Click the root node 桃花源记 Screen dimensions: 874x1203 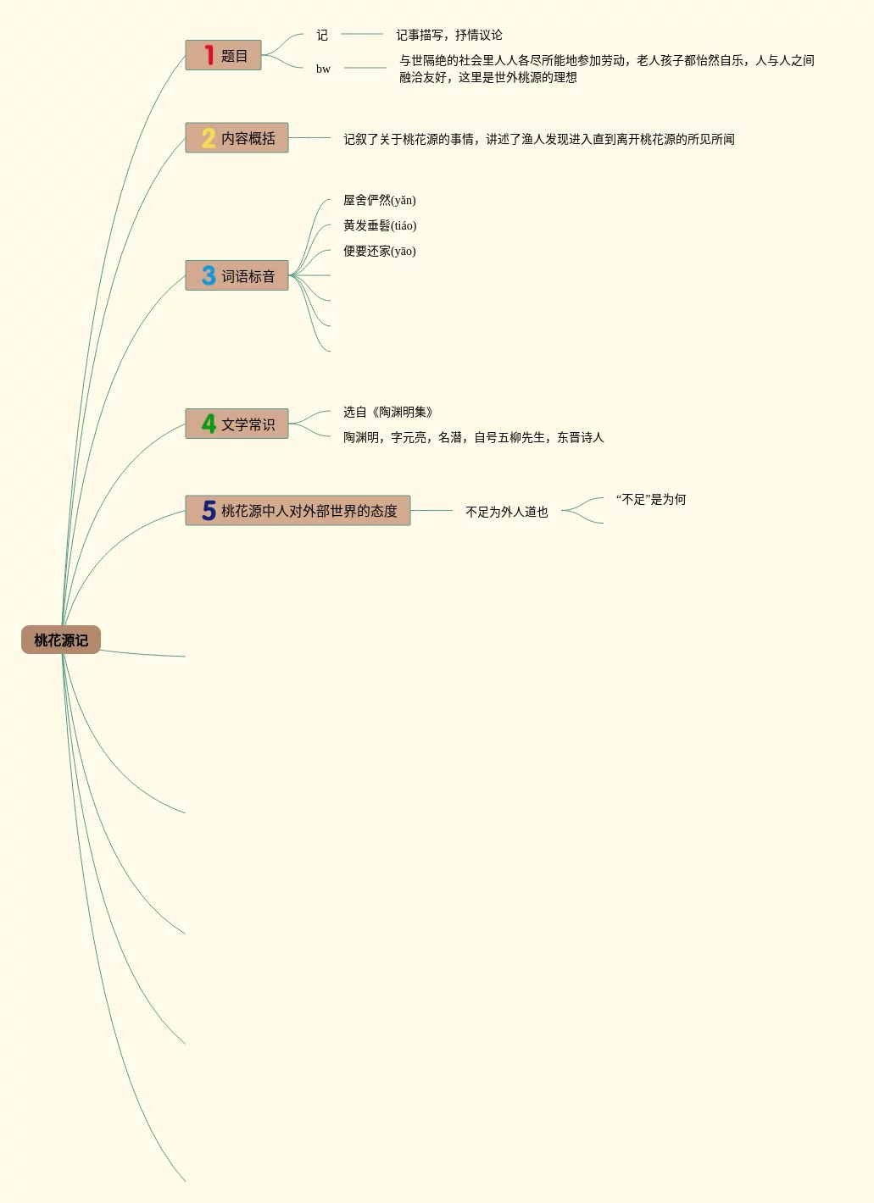61,640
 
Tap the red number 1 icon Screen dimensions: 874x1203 209,56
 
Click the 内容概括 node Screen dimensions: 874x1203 248,138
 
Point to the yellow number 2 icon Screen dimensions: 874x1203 209,138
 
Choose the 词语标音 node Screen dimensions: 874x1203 248,276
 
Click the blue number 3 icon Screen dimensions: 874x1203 209,275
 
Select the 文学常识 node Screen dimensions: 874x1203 248,424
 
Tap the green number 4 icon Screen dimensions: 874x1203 209,424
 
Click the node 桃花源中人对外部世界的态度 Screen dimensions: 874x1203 309,511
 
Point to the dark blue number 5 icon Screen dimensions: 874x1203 209,510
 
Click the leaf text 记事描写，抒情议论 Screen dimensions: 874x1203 449,35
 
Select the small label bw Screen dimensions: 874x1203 323,69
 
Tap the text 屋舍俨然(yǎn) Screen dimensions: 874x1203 379,200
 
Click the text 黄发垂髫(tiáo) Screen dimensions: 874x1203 380,225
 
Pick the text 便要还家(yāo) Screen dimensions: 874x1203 379,251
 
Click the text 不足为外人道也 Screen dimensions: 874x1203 507,512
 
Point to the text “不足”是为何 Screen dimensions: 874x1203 651,499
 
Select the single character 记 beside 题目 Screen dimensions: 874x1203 322,35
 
